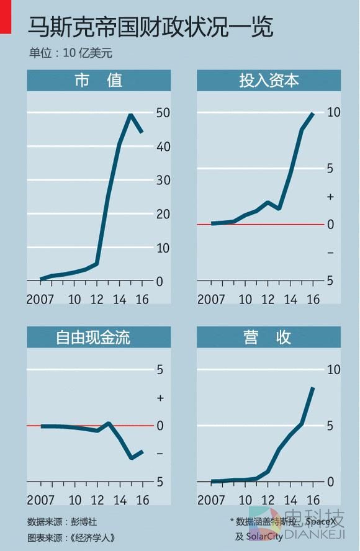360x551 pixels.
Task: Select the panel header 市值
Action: tap(98, 80)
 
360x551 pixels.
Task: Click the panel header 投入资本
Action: tap(269, 80)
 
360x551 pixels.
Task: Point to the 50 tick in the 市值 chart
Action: tap(163, 113)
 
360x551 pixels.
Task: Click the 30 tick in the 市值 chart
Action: tap(163, 181)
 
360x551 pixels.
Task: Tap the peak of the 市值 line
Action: tap(130, 114)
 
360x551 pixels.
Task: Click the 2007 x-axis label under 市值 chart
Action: tap(40, 299)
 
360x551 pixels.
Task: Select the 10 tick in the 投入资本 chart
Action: tap(333, 112)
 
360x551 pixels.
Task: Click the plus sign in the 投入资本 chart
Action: tap(330, 197)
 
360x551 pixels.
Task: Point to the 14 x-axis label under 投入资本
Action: tap(290, 299)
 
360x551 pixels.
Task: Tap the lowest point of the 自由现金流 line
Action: tap(132, 458)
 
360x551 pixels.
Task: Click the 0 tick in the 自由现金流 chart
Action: tap(160, 426)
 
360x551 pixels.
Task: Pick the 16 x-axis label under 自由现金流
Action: tap(142, 500)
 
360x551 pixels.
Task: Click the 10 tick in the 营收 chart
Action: tap(333, 370)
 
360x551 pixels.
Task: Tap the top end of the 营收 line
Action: tap(313, 388)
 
